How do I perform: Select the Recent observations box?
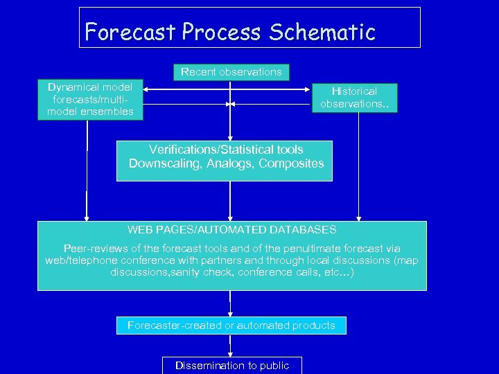[231, 72]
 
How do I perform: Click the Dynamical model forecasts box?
[90, 100]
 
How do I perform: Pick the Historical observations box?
[353, 98]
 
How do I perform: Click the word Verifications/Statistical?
[207, 149]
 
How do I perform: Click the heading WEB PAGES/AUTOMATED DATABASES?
[231, 229]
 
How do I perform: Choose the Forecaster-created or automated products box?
[231, 326]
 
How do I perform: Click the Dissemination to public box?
[231, 365]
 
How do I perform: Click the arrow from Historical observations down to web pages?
[358, 166]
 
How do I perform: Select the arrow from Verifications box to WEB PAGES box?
[230, 201]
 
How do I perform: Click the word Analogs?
[226, 163]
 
